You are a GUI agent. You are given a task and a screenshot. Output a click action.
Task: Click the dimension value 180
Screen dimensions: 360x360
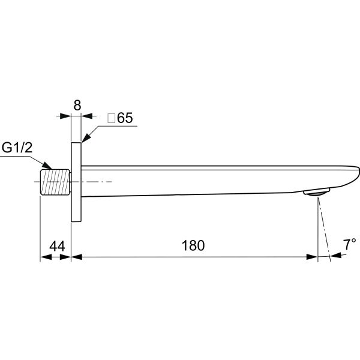(193, 245)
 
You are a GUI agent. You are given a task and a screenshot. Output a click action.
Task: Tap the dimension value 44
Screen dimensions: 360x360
(57, 246)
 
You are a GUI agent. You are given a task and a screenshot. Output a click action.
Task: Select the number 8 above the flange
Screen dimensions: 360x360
(77, 106)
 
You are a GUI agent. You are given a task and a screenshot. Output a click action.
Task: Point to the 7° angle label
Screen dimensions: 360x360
(349, 244)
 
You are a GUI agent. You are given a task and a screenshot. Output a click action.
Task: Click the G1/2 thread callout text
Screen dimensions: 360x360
(17, 148)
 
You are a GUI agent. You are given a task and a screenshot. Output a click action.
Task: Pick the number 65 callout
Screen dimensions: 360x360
(125, 118)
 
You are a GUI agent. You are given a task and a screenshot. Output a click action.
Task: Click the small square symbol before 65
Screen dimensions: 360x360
(112, 118)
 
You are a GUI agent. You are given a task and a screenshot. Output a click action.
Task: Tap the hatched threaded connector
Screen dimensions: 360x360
(55, 182)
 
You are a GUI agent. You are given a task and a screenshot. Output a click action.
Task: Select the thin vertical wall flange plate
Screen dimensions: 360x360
(76, 182)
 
